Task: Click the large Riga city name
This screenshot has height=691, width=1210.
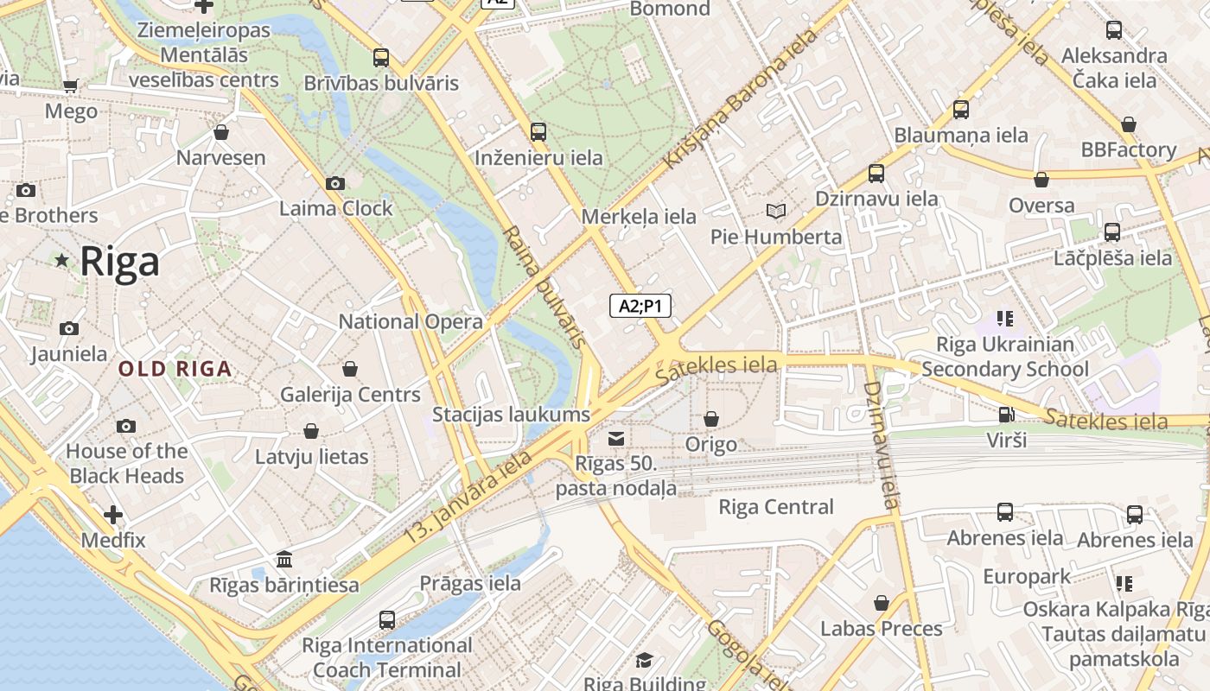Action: [x=120, y=262]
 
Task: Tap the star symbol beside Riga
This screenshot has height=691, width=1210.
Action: [x=61, y=260]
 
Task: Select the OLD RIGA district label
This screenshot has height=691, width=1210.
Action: [x=175, y=370]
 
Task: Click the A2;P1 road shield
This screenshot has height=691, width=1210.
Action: [x=640, y=306]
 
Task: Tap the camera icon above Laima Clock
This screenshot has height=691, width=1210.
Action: [x=335, y=183]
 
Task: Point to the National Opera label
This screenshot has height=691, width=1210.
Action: [x=411, y=322]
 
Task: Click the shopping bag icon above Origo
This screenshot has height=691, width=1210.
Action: [x=711, y=419]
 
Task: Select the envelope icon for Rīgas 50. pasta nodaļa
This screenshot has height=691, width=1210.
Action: [x=616, y=439]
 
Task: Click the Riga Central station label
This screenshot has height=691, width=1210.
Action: [x=776, y=507]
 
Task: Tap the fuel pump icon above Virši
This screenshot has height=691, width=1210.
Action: [x=1006, y=415]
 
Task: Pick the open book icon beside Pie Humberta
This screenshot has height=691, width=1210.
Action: [x=776, y=212]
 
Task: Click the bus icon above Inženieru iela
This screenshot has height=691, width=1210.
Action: [x=538, y=131]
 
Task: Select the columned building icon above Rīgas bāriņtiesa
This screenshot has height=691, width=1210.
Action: [x=283, y=560]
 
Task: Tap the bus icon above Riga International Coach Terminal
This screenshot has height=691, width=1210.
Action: [x=387, y=619]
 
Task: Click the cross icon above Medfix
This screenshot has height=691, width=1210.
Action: [x=113, y=515]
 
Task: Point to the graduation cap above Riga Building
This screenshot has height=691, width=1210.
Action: [x=644, y=661]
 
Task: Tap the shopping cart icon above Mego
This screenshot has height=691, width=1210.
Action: [x=71, y=86]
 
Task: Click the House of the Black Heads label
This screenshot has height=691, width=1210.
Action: [x=126, y=464]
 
